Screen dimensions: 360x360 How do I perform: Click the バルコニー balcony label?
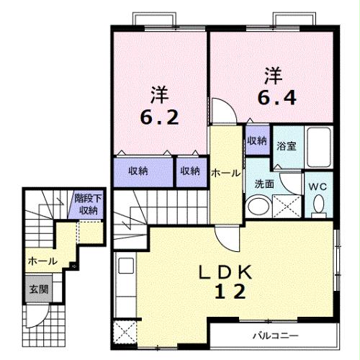pyautogui.click(x=274, y=335)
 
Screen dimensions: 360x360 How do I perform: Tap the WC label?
pyautogui.click(x=318, y=186)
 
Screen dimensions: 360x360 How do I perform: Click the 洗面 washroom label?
pyautogui.click(x=264, y=183)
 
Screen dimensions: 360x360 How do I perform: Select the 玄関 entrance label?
pyautogui.click(x=38, y=290)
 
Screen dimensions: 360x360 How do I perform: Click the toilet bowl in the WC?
pyautogui.click(x=318, y=207)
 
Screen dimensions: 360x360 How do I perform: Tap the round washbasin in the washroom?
pyautogui.click(x=256, y=207)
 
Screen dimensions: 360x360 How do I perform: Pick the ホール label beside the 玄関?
pyautogui.click(x=42, y=262)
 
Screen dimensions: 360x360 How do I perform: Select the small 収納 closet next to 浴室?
pyautogui.click(x=256, y=140)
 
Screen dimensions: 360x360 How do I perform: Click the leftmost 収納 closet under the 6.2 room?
pyautogui.click(x=138, y=171)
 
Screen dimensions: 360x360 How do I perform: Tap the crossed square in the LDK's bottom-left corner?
pyautogui.click(x=125, y=333)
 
